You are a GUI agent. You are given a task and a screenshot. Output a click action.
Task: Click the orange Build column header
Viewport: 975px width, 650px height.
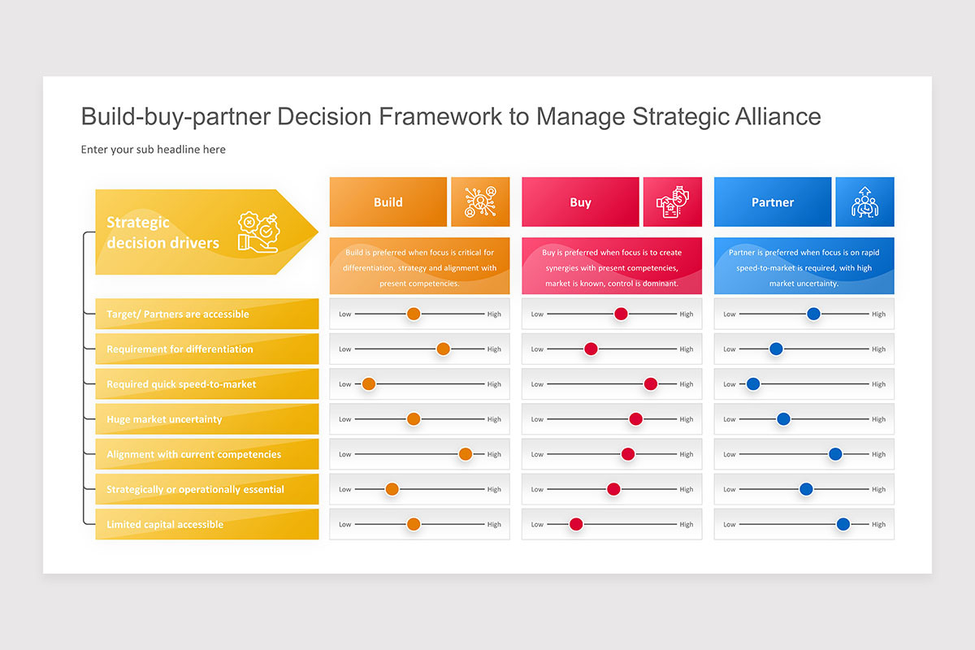(x=388, y=202)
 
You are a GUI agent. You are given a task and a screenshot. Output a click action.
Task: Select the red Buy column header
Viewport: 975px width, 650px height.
(x=580, y=202)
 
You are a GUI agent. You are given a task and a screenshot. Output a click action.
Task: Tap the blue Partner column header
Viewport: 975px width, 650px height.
(x=773, y=202)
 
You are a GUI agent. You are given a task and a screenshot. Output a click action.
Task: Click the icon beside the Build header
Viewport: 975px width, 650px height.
(x=480, y=202)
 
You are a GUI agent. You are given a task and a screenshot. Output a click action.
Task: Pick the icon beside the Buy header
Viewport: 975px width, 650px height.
(x=673, y=202)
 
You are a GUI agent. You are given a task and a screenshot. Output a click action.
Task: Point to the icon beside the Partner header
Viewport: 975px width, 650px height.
(x=864, y=202)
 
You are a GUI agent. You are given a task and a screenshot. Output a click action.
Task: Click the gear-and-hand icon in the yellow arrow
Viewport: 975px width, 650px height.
(x=258, y=232)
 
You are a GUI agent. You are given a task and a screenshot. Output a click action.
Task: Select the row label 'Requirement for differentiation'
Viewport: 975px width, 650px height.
(x=180, y=349)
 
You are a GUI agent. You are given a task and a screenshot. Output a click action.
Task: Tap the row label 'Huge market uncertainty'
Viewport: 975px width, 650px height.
(x=164, y=419)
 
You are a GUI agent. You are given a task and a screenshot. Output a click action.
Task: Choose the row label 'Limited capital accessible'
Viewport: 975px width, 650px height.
(x=165, y=525)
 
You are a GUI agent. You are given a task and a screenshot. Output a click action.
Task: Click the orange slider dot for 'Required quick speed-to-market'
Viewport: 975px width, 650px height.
(x=369, y=384)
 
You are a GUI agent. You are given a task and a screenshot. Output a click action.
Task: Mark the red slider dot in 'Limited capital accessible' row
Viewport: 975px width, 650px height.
(x=576, y=524)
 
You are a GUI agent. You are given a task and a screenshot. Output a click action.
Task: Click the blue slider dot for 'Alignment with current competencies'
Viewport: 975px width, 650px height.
(x=835, y=454)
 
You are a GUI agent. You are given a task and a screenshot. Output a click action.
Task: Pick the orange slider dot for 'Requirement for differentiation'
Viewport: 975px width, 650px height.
(x=443, y=349)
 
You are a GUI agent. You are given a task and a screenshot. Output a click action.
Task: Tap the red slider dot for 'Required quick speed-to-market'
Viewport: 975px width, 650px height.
(x=650, y=384)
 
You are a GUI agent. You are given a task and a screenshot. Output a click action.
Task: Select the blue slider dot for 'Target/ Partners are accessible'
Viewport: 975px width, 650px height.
(x=813, y=314)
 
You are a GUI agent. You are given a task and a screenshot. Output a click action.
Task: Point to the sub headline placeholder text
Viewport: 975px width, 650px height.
(x=154, y=149)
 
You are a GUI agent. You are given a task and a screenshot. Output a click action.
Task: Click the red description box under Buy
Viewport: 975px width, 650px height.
(x=612, y=266)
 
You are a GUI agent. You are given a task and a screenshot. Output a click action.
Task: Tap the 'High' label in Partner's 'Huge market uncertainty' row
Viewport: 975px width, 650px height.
(x=878, y=420)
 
